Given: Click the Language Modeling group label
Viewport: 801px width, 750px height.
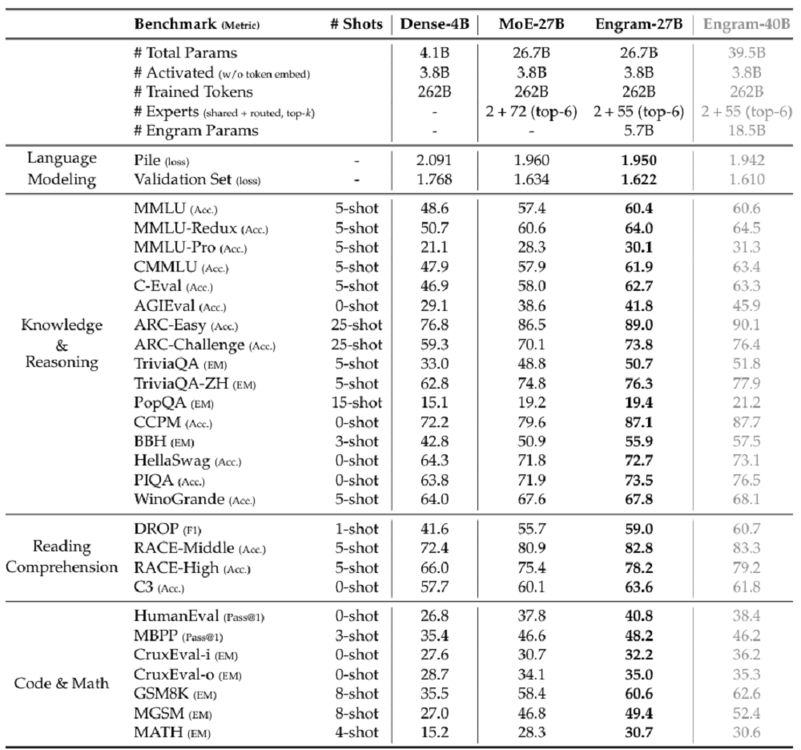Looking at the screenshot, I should coord(62,169).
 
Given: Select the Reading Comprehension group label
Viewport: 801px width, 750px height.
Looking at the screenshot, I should coord(62,556).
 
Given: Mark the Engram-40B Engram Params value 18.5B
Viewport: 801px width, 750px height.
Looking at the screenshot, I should coord(751,129).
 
